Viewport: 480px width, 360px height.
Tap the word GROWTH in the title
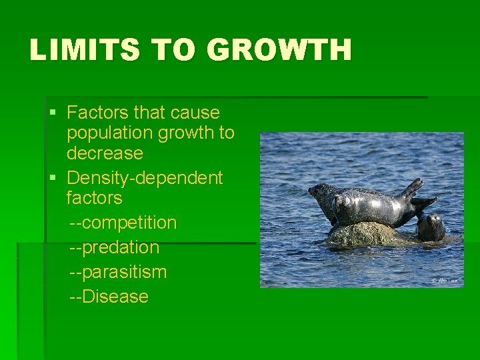279,50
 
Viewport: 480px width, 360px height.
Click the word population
109,133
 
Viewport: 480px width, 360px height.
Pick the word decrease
105,153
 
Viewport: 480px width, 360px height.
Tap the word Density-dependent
145,178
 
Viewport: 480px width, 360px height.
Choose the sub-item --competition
123,223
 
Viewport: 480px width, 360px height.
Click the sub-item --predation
115,247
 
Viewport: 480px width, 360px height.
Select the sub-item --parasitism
118,272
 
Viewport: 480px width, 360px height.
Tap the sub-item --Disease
109,297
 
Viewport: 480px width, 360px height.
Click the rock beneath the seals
363,234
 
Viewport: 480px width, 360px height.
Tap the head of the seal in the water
431,227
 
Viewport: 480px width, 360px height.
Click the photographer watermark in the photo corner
445,281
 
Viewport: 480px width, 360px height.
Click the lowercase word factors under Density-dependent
94,198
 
